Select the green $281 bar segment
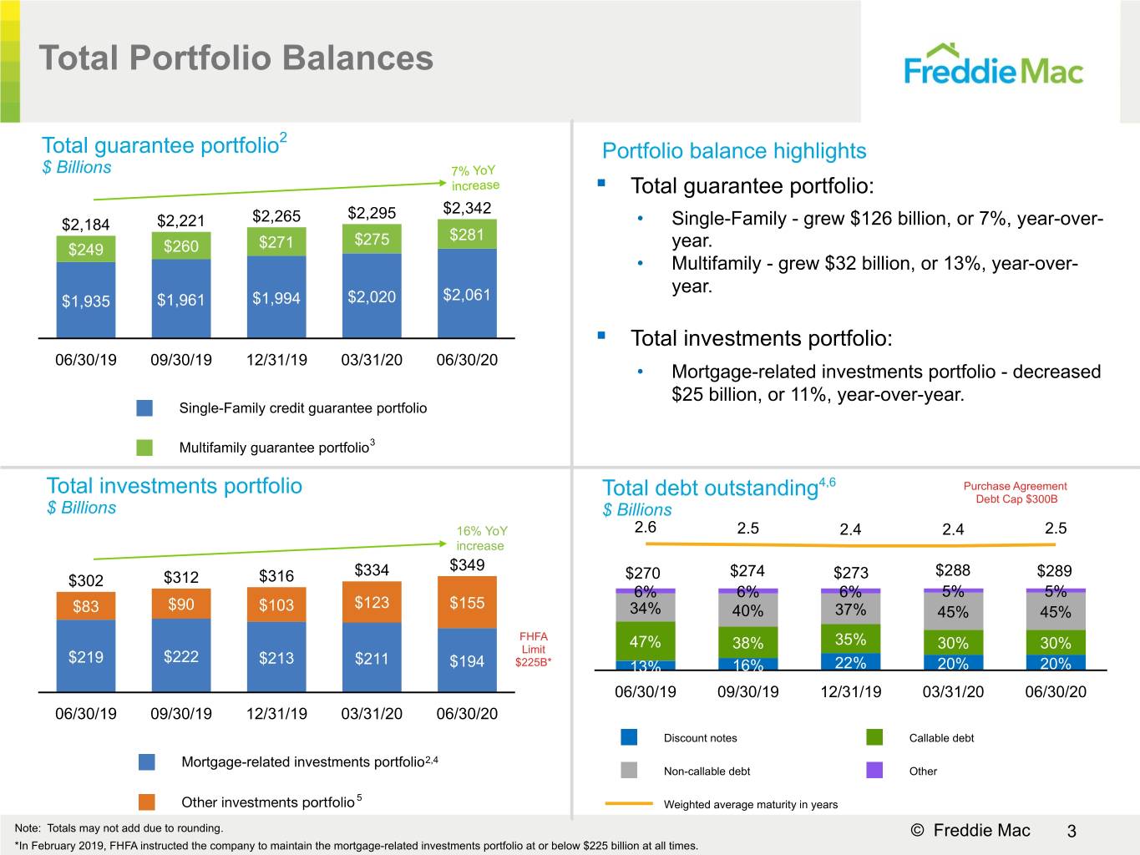pos(467,234)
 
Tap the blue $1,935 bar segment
pos(86,300)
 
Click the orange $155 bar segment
pos(467,602)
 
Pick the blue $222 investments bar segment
pos(180,655)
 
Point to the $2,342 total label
pos(467,208)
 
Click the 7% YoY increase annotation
pos(474,178)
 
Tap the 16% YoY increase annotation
pos(481,539)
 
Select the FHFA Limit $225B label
pos(534,649)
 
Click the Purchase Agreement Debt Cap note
pos(1016,492)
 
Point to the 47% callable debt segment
pos(645,641)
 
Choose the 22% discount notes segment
pos(850,662)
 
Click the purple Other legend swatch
pos(874,770)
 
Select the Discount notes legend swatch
pos(629,737)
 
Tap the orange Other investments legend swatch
pos(146,802)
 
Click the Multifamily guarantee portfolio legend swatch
pos(144,448)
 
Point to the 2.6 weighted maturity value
pos(645,528)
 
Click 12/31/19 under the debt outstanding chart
pos(851,691)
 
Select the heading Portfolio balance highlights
pos(734,151)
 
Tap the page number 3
pos(1072,831)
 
